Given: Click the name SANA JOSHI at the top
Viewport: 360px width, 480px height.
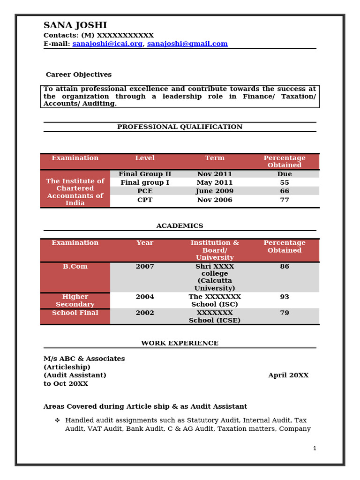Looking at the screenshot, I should [x=75, y=25].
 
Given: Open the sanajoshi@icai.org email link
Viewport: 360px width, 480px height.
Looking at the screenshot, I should [x=107, y=44].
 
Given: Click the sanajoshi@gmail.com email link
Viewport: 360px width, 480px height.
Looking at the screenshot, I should [x=187, y=44].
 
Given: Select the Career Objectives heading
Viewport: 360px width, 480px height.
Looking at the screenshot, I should [x=79, y=75].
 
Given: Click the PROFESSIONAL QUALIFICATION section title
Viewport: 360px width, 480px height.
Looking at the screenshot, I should [x=180, y=127].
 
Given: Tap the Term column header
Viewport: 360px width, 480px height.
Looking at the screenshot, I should [x=215, y=158].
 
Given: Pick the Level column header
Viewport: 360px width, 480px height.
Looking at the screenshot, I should [x=145, y=158].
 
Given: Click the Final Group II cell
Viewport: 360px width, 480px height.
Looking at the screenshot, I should [x=145, y=174].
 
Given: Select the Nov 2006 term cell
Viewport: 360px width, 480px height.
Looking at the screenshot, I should [x=215, y=200].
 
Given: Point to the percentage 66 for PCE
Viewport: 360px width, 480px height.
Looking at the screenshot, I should [x=285, y=191].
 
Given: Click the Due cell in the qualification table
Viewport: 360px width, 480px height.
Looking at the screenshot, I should [x=285, y=174].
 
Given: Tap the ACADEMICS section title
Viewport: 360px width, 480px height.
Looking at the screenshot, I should [x=180, y=225].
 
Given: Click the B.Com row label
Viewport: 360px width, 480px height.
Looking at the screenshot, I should [x=75, y=266].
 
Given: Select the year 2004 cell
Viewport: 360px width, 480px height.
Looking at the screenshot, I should [x=145, y=297].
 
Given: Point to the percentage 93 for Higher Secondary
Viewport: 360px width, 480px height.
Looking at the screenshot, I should [x=285, y=297].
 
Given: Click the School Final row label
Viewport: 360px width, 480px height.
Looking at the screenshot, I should [x=75, y=313].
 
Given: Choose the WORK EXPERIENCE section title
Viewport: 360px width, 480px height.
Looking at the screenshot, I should [x=180, y=343].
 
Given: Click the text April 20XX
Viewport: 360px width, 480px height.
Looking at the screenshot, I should [x=288, y=375].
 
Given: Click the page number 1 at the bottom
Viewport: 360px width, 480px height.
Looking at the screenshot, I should [x=315, y=448].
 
